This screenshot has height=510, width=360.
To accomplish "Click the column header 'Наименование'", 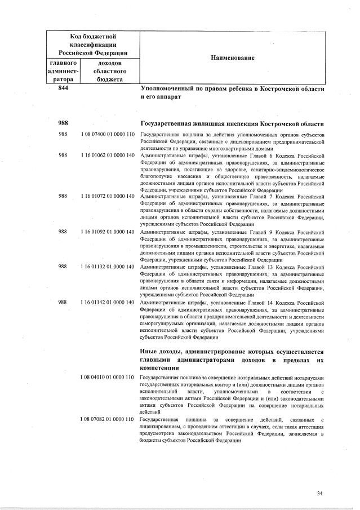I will point(233,57).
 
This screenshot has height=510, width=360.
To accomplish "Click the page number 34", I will point(320,494).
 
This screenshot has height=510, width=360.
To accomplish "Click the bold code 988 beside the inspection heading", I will point(63,123).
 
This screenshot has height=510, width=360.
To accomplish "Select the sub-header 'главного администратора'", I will point(63,72).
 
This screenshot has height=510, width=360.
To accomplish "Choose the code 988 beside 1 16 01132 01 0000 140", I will point(63,266).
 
